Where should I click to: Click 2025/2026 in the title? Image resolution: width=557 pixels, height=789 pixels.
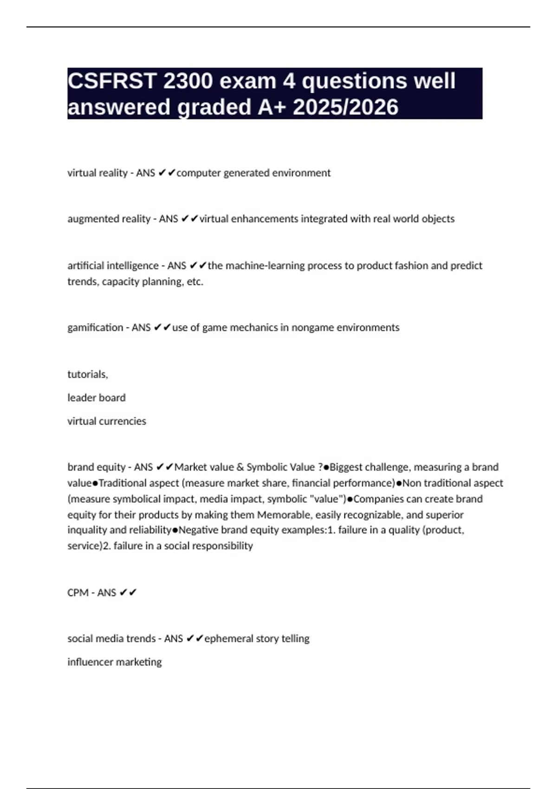(x=345, y=107)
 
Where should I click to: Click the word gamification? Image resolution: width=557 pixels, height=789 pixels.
(x=95, y=328)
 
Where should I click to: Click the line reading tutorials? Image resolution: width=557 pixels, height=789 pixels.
(x=88, y=375)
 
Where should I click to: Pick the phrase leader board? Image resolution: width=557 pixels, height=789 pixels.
(x=97, y=398)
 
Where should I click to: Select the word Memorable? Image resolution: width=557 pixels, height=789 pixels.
(x=285, y=515)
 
